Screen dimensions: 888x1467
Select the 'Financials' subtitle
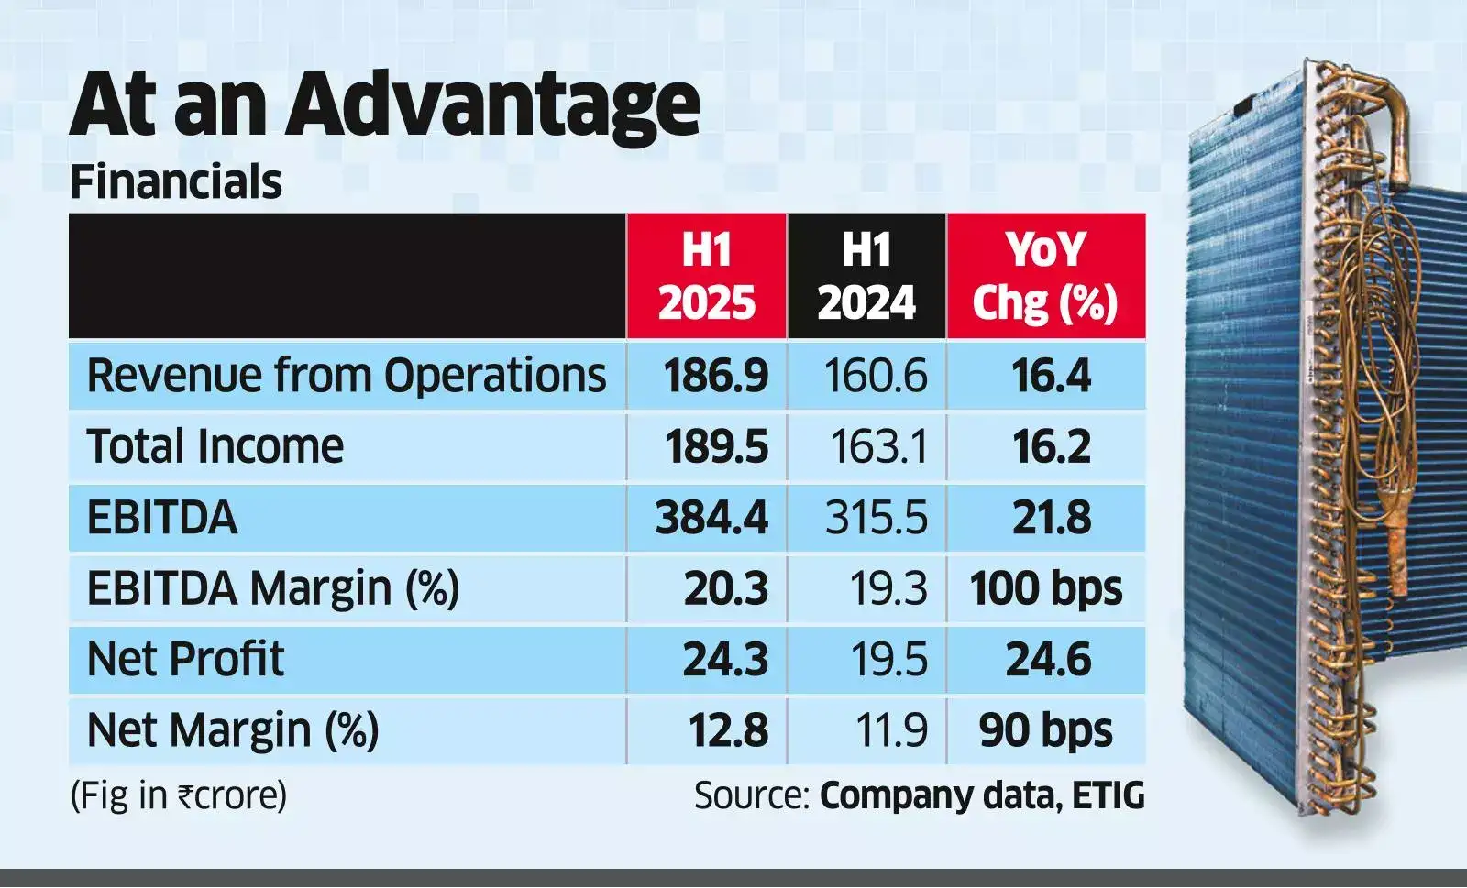pyautogui.click(x=175, y=181)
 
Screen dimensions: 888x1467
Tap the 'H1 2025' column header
pyautogui.click(x=706, y=276)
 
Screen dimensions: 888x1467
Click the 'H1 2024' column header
pyautogui.click(x=866, y=276)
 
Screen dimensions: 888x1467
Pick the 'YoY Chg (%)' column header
pyautogui.click(x=1045, y=276)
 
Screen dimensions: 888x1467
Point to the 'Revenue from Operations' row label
pyautogui.click(x=347, y=376)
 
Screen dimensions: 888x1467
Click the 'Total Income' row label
pyautogui.click(x=215, y=447)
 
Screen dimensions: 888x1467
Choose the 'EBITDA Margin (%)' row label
pyautogui.click(x=272, y=588)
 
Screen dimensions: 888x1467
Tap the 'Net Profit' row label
pyautogui.click(x=185, y=660)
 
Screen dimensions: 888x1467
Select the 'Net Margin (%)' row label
pyautogui.click(x=232, y=730)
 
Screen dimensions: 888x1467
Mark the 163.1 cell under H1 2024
pyautogui.click(x=878, y=447)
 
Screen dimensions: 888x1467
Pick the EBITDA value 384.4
pyautogui.click(x=711, y=518)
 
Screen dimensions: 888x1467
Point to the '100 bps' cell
pyautogui.click(x=1046, y=588)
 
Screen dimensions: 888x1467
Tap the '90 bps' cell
pyautogui.click(x=1046, y=730)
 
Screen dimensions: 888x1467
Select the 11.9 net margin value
pyautogui.click(x=891, y=730)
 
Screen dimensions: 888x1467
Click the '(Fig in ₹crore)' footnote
pyautogui.click(x=179, y=795)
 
